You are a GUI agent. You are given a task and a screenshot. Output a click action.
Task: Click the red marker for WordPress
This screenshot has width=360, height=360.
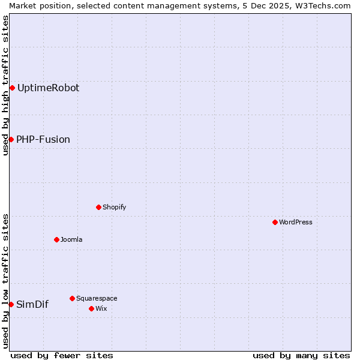275,222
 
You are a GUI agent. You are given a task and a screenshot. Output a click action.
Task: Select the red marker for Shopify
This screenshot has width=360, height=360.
98,207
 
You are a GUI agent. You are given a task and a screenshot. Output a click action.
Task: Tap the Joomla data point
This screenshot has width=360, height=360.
56,239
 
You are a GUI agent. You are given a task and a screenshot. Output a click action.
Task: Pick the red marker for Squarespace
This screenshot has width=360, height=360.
72,298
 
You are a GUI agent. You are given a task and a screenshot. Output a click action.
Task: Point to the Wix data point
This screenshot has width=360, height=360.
91,308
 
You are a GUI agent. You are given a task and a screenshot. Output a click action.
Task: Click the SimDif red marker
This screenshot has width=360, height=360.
11,304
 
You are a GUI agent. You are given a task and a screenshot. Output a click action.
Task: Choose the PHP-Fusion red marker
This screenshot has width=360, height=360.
11,139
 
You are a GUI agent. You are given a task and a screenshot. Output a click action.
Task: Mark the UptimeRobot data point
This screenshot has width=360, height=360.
12,88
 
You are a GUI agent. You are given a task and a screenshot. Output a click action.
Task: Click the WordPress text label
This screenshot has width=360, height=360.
296,222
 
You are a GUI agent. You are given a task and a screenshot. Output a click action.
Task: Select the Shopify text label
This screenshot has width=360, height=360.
114,207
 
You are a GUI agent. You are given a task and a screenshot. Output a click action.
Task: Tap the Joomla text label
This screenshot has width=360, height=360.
71,239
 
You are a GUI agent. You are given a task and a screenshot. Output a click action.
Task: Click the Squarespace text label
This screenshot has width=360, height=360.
97,298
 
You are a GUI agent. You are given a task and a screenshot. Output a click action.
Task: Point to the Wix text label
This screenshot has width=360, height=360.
101,308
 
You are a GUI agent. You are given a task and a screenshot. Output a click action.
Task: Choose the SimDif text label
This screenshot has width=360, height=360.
32,304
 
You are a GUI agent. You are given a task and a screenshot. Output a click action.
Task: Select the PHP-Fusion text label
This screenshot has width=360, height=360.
43,139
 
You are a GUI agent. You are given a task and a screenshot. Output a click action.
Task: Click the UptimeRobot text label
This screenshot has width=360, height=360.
48,88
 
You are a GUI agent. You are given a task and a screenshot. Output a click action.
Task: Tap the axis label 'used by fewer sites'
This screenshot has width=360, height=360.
62,355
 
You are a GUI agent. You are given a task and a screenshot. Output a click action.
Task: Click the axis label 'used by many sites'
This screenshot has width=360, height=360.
301,355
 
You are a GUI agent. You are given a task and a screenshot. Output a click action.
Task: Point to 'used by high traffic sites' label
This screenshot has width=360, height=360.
5,85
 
